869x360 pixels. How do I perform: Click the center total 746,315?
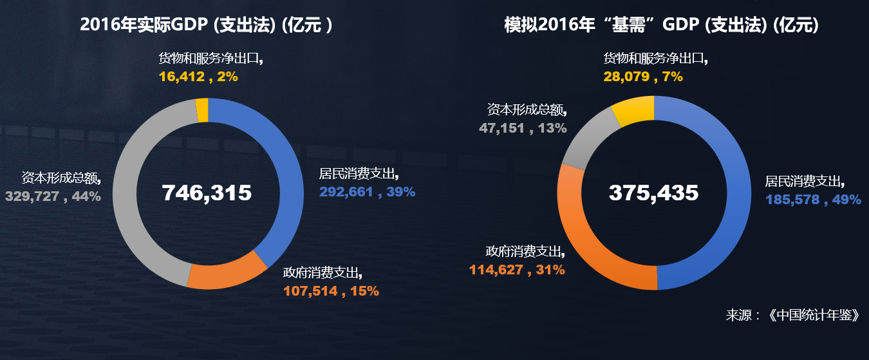(x=207, y=193)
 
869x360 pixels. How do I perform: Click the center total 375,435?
(x=653, y=193)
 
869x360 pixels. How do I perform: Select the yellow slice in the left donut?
(x=202, y=109)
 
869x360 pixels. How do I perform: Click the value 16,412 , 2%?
(x=198, y=77)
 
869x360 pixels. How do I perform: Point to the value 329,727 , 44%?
(x=53, y=196)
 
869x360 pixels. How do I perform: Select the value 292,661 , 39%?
(x=367, y=191)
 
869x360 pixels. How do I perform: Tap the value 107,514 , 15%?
(x=331, y=290)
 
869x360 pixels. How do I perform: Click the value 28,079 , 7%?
(x=643, y=77)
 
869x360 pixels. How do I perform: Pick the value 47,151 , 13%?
(x=523, y=128)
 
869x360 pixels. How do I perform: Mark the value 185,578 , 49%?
(x=813, y=200)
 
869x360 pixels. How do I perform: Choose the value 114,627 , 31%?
(x=517, y=270)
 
